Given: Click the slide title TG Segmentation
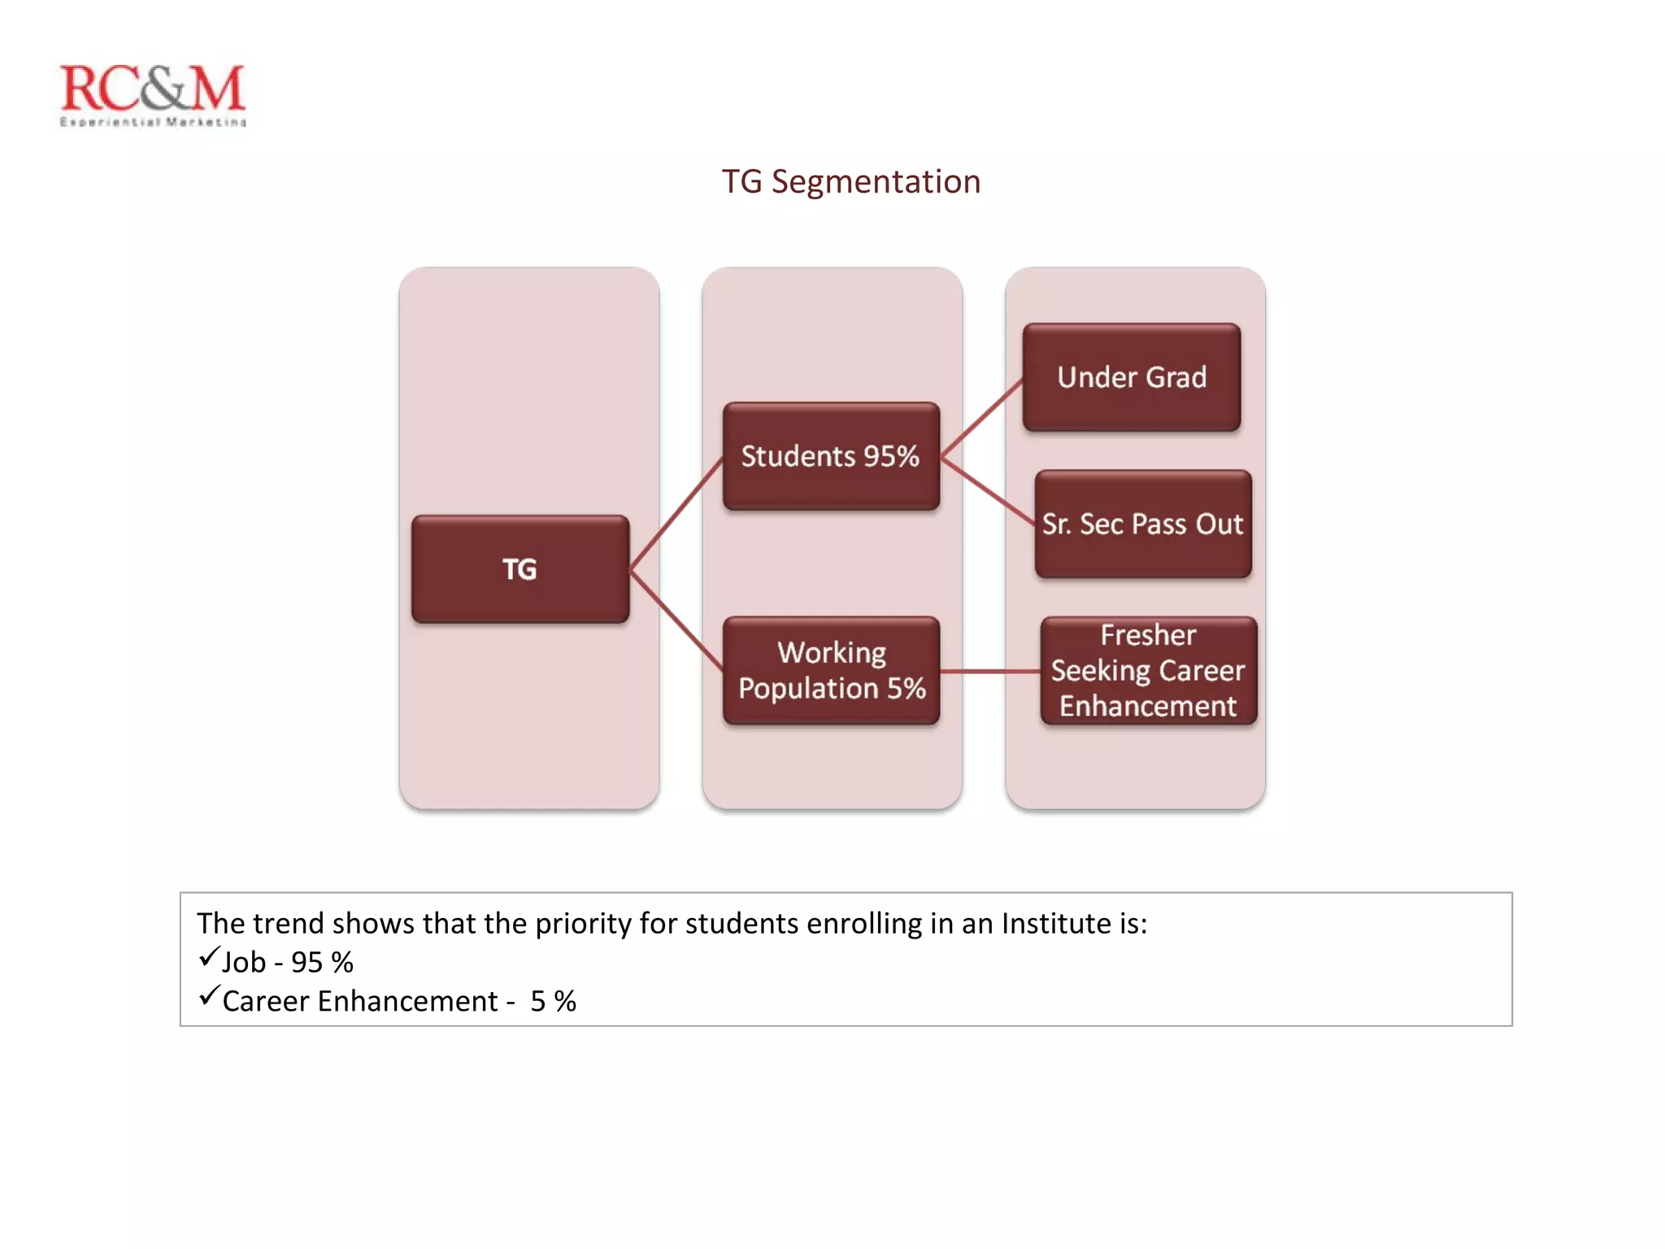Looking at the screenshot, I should tap(851, 181).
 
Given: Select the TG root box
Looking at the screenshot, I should tap(520, 569).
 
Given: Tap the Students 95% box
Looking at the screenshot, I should tap(831, 456).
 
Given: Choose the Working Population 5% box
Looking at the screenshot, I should tap(831, 671).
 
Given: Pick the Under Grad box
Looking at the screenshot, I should tap(1132, 377).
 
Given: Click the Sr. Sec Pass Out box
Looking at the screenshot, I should tap(1142, 524).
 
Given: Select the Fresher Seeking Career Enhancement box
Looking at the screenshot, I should tap(1148, 671).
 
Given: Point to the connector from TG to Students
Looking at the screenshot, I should tap(676, 513).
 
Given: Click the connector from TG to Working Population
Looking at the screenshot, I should tap(676, 620).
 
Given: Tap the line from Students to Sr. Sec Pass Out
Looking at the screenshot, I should tap(988, 490).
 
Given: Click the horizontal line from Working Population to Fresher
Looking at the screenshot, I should tap(990, 672).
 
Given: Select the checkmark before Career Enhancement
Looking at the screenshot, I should tap(209, 995).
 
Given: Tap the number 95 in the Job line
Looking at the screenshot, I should tap(307, 963).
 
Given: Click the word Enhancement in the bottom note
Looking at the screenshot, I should tap(407, 1002).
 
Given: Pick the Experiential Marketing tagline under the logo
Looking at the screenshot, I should tap(153, 122).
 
